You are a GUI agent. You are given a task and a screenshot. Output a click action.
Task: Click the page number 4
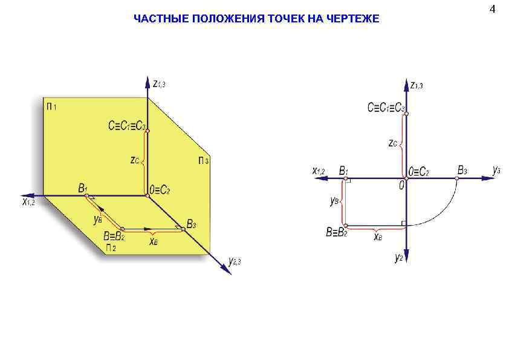point(493,9)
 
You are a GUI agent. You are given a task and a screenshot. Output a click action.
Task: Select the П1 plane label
point(51,107)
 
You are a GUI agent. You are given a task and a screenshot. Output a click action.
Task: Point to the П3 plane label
point(203,161)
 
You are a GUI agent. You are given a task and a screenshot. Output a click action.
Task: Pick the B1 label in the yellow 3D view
point(83,188)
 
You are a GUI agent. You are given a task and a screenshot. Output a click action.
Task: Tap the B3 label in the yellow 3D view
point(191,224)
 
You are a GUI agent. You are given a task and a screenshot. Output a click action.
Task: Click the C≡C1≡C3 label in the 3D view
point(126,126)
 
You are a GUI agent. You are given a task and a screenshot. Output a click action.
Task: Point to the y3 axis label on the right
point(496,170)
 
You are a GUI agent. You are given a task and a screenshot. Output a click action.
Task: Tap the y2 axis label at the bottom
point(399,258)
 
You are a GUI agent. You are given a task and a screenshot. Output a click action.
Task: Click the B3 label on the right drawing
point(462,170)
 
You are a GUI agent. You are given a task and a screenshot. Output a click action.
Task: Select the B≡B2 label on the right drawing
point(336,231)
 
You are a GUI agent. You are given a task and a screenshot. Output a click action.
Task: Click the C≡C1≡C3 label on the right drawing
point(386,108)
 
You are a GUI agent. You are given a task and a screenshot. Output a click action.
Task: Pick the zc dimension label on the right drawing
point(393,143)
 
